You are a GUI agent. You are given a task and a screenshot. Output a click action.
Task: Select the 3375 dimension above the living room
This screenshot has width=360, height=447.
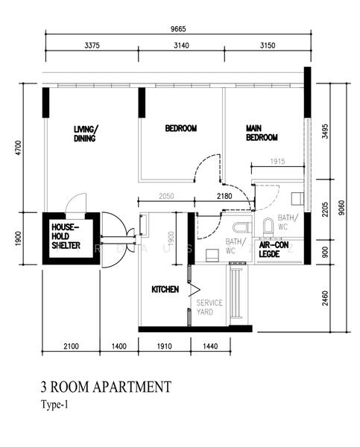click(89, 45)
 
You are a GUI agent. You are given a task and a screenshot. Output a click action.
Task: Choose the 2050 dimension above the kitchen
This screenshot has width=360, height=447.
click(166, 196)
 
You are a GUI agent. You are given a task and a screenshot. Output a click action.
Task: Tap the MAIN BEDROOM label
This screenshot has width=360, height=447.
click(262, 133)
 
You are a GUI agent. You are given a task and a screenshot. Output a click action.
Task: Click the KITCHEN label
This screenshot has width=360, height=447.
click(165, 289)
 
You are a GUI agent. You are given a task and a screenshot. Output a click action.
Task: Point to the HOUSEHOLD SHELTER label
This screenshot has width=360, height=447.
click(66, 235)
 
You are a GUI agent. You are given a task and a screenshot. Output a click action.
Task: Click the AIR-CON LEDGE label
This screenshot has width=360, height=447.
click(275, 249)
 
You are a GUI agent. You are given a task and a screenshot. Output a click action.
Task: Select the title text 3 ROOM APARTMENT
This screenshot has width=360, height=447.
click(106, 387)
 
